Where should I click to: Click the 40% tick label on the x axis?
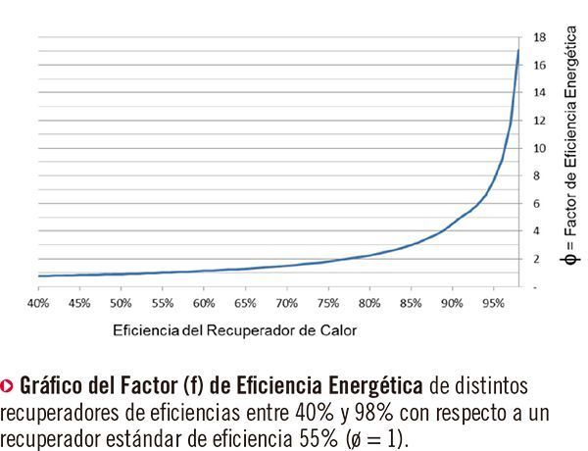(x=38, y=303)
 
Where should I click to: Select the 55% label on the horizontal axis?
(x=163, y=303)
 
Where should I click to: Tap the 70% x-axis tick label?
(x=287, y=303)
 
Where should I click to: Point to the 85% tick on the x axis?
(x=412, y=303)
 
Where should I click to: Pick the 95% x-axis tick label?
(x=494, y=303)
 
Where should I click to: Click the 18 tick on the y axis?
(x=539, y=37)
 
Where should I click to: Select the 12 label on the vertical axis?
(x=539, y=121)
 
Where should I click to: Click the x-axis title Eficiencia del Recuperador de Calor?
(x=234, y=330)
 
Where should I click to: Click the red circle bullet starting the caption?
(x=8, y=382)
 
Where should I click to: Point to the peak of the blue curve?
(x=518, y=50)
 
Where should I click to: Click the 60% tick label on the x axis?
(x=204, y=303)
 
